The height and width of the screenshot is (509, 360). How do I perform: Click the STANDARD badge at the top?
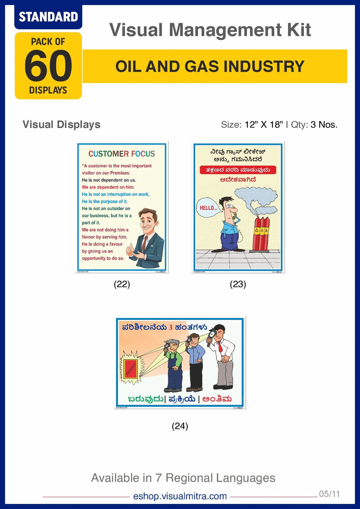(48, 17)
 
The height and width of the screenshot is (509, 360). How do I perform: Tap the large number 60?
(48, 66)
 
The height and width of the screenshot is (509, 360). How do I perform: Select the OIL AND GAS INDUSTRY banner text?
(210, 66)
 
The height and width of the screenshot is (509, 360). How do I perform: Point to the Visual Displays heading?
(61, 124)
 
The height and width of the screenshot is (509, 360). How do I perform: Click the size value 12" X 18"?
(264, 125)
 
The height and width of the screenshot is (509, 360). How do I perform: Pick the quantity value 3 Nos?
(324, 125)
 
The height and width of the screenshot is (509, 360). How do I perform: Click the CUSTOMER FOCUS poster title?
(122, 154)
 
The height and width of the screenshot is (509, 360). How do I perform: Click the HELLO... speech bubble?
(208, 208)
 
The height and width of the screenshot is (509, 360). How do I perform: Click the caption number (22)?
(122, 284)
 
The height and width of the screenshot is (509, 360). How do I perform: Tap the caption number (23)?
(238, 284)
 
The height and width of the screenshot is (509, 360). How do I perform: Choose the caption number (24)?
(180, 426)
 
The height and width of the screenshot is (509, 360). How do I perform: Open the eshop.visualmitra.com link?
(180, 496)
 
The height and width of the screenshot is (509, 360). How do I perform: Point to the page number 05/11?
(329, 494)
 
